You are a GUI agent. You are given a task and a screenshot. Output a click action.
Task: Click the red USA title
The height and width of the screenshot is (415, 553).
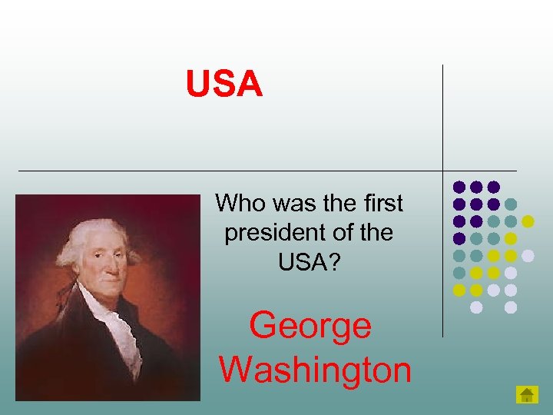(224, 85)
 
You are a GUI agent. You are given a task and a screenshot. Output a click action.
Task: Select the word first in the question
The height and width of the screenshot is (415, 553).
(382, 204)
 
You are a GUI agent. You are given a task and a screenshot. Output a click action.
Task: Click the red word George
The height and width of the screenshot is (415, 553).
(310, 325)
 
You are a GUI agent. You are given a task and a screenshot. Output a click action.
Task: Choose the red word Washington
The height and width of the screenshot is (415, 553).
(316, 370)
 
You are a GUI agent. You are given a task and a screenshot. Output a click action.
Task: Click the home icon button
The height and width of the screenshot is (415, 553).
(526, 395)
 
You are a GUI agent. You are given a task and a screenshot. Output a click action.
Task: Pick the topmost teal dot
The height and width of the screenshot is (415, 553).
(512, 204)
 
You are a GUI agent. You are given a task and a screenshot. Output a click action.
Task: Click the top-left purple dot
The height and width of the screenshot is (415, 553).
(459, 187)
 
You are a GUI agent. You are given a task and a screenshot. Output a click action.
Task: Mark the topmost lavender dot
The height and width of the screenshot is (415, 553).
(528, 255)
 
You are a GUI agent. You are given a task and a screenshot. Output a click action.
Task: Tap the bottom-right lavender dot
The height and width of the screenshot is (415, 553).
(511, 307)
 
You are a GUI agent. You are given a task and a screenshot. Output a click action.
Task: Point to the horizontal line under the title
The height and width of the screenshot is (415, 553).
(230, 170)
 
